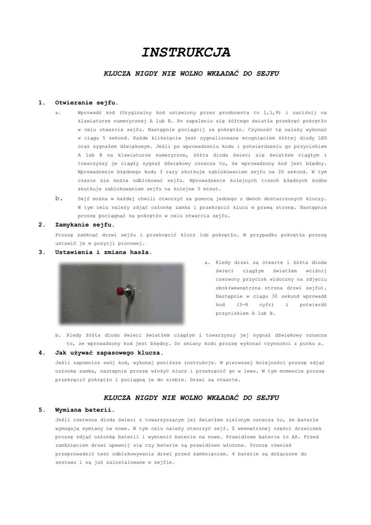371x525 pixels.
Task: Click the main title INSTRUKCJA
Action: pyautogui.click(x=186, y=52)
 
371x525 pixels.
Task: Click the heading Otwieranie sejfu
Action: pyautogui.click(x=87, y=103)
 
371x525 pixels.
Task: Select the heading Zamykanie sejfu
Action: pyautogui.click(x=85, y=225)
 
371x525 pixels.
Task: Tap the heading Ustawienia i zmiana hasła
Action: pyautogui.click(x=103, y=252)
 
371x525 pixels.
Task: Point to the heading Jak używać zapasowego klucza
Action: pyautogui.click(x=109, y=353)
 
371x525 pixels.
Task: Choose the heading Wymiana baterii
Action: pyautogui.click(x=85, y=410)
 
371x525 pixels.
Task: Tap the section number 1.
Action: pyautogui.click(x=42, y=103)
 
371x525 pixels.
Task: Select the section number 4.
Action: pyautogui.click(x=42, y=353)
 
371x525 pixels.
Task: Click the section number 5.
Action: pyautogui.click(x=42, y=410)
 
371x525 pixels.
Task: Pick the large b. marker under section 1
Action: pyautogui.click(x=59, y=198)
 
